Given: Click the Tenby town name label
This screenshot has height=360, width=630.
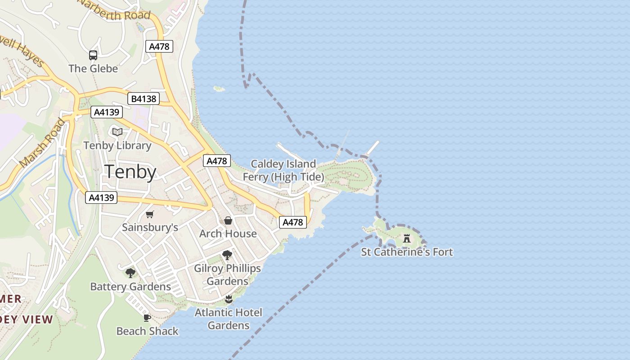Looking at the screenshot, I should (130, 172).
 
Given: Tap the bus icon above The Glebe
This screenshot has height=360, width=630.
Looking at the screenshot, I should (93, 55).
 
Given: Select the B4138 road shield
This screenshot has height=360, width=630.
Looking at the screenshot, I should (144, 99).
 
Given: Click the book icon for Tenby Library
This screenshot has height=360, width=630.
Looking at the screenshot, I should (117, 132).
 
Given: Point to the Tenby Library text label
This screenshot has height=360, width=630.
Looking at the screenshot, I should (117, 145).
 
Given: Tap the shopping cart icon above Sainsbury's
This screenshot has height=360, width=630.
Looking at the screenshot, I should (150, 214).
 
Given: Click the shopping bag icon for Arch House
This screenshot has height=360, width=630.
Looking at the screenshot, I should (228, 220).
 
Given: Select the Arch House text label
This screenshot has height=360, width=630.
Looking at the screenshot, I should (228, 234).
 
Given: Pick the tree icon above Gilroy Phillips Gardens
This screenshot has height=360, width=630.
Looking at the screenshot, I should (227, 255).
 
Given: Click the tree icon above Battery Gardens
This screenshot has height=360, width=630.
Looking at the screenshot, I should (130, 273).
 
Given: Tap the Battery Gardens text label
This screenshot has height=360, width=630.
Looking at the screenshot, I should (130, 287).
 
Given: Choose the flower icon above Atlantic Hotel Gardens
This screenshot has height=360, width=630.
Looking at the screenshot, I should (229, 299).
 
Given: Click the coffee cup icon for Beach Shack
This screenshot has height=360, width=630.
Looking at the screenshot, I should (147, 318).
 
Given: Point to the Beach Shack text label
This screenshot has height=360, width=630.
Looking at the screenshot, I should (147, 331).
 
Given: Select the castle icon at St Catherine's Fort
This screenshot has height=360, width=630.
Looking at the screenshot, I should (407, 238).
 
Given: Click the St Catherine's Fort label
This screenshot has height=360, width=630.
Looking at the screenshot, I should (407, 252).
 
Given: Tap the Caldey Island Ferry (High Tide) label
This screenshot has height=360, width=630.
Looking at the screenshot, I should (283, 170).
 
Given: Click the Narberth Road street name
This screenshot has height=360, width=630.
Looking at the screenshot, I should (115, 11).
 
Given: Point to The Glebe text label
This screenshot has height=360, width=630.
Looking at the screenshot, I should (93, 68).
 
